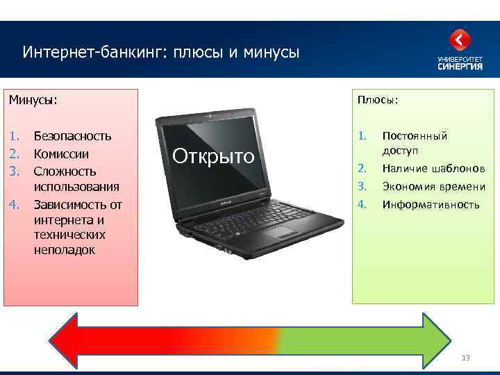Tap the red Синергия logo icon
tap(460, 40)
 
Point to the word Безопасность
tap(72, 137)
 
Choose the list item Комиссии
tap(61, 153)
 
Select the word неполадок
tap(64, 250)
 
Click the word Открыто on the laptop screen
tap(213, 156)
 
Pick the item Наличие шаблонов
tap(433, 169)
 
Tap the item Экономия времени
tap(433, 187)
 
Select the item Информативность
tap(431, 205)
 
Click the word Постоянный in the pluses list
tap(415, 136)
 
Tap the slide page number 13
tap(465, 358)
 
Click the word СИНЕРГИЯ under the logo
tap(460, 67)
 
